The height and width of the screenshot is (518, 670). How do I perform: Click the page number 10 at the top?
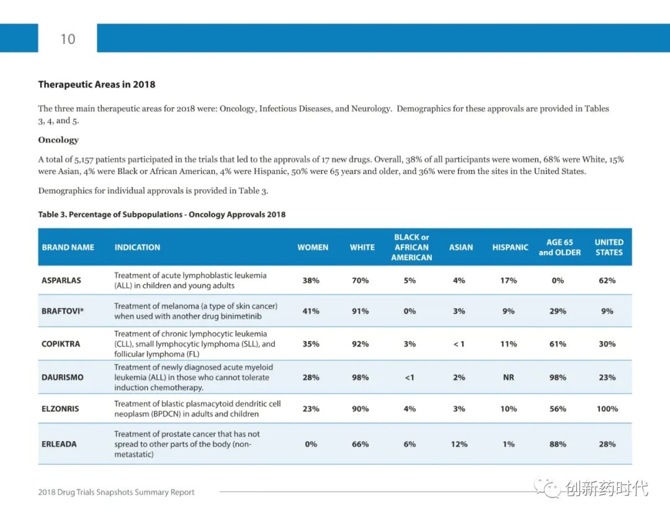coord(68,39)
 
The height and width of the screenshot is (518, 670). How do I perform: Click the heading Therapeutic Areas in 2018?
coord(97,84)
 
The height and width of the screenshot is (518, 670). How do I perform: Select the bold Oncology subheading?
coord(58,140)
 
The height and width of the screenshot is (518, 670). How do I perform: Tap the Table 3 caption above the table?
coord(162,214)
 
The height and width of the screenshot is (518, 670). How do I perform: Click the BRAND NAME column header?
coord(68,247)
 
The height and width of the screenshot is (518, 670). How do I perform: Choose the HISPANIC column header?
coord(510,247)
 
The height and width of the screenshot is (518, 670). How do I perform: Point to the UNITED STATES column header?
coord(609,247)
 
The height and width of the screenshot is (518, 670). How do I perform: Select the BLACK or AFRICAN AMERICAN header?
coord(411,247)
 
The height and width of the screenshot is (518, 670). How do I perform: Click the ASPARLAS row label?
coord(61,280)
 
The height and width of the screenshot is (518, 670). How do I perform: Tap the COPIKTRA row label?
coord(61,343)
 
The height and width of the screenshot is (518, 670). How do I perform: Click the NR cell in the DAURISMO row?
coord(509,377)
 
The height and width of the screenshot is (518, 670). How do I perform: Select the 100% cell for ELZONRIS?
coord(607,409)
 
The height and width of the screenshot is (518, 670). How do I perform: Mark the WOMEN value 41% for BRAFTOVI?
coord(311,311)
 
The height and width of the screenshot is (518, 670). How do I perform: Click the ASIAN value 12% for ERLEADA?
coord(459,444)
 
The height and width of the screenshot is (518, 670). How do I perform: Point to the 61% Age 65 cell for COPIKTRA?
coord(558,343)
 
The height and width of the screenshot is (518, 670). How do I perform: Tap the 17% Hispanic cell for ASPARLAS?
coord(509,280)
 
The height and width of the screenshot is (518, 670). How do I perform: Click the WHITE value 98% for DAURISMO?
coord(360,377)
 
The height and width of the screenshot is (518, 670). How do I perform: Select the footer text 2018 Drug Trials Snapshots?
coord(116,493)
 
